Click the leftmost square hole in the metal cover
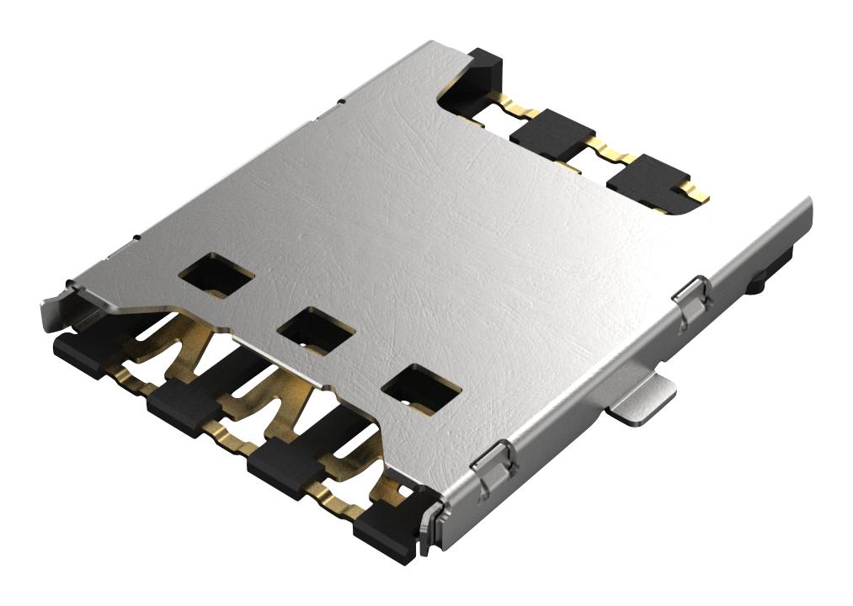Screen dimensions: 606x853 tap(216, 275)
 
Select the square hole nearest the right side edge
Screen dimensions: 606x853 tap(420, 386)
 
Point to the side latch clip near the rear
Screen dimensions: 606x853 tap(693, 298)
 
